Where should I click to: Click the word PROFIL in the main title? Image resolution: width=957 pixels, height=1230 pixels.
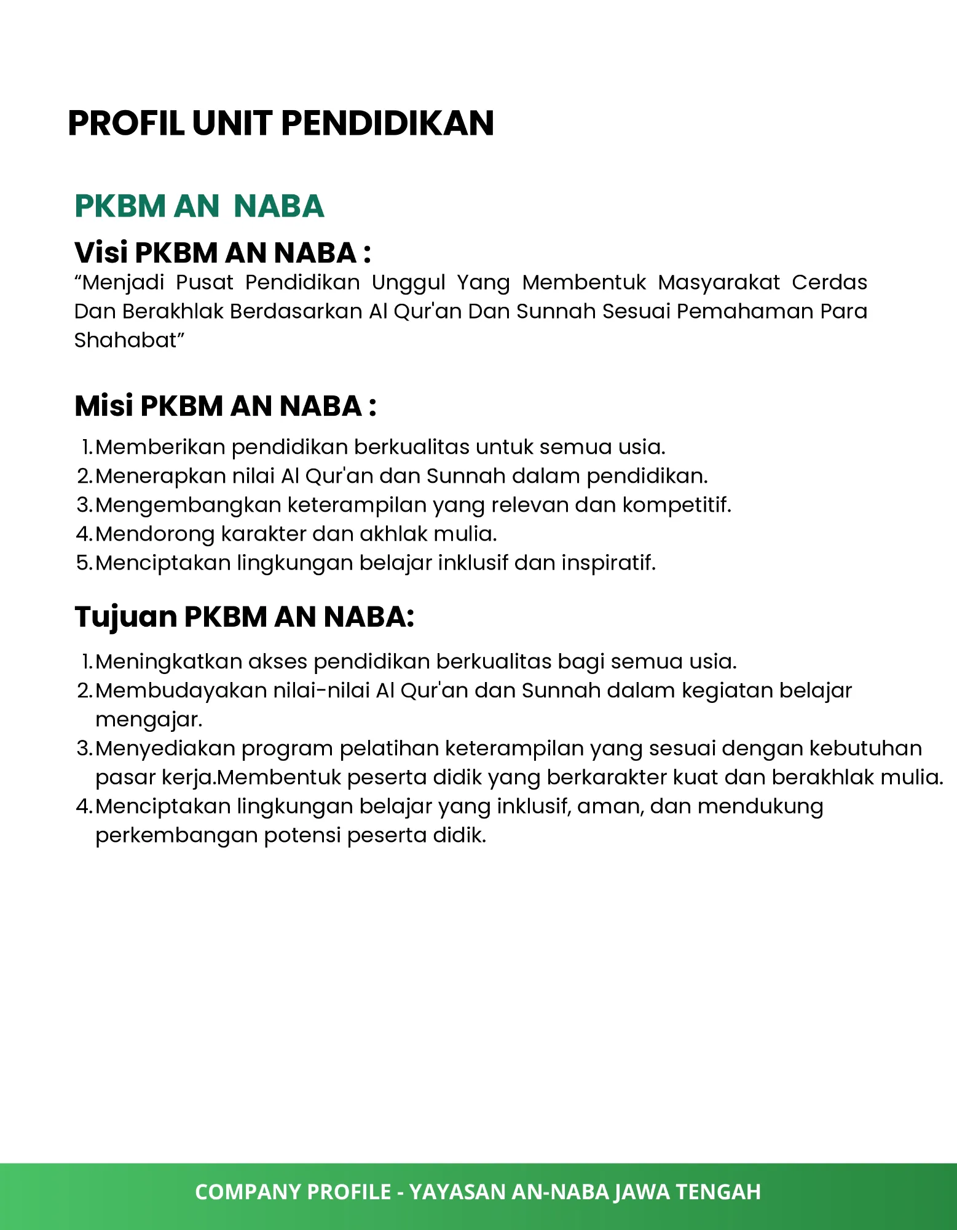click(126, 123)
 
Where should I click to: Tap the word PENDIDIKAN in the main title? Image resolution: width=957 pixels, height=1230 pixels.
click(387, 123)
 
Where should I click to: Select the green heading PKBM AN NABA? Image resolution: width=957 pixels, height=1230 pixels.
click(199, 206)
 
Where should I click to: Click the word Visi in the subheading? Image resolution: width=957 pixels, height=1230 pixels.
click(101, 253)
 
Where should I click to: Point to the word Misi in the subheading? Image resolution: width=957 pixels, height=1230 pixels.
click(104, 406)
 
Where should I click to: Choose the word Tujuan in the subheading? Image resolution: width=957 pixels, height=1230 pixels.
click(125, 616)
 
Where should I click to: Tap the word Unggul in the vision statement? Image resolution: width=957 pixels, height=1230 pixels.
click(408, 282)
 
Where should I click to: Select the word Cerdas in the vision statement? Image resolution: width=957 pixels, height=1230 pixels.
click(829, 282)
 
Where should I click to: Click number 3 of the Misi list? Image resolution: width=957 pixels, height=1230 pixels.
click(84, 505)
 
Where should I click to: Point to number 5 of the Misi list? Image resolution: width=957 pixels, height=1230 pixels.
click(84, 563)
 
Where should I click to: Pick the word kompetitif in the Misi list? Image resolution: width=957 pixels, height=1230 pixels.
click(676, 505)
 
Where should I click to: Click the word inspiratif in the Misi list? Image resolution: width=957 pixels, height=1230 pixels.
click(608, 563)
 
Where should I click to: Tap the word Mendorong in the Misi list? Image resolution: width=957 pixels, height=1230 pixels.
click(155, 534)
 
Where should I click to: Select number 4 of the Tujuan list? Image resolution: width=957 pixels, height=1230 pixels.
click(84, 806)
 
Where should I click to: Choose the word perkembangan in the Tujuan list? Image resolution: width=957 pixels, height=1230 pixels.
click(176, 835)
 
